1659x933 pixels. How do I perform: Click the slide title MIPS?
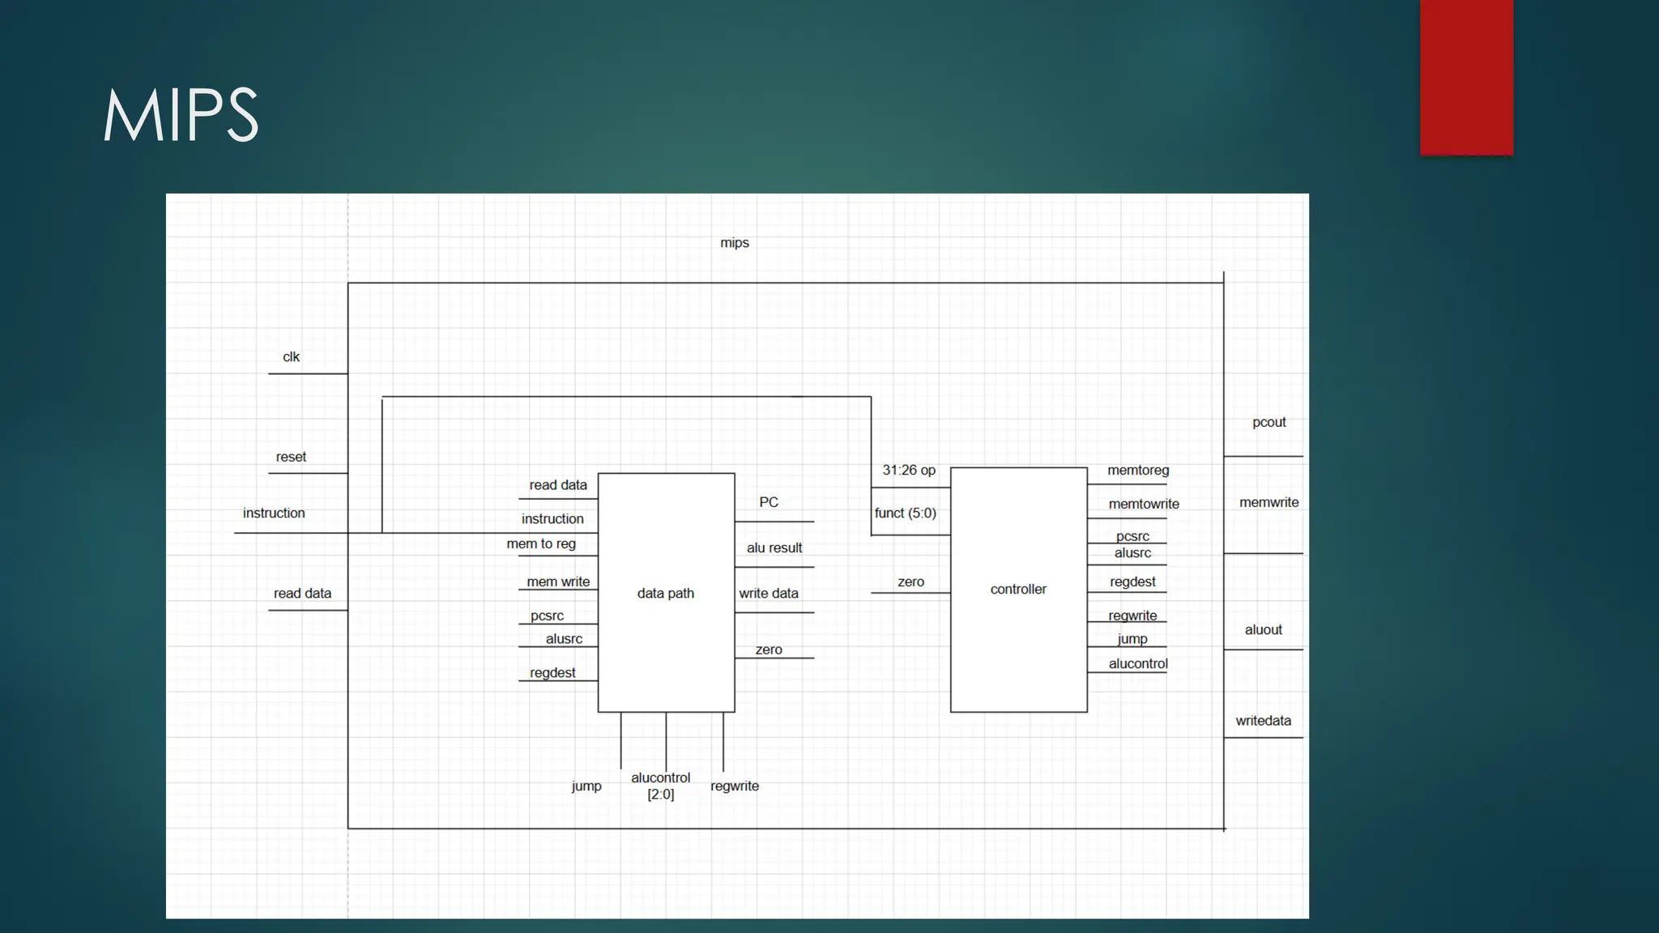coord(180,115)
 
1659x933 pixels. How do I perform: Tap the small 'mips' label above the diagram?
coord(734,243)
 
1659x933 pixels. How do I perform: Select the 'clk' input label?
coord(291,357)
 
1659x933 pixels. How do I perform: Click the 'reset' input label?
coord(291,457)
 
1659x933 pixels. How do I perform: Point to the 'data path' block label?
coord(665,593)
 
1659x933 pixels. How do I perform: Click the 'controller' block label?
coord(1017,589)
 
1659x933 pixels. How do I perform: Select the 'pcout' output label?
coord(1269,422)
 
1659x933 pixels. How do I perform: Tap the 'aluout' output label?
coord(1263,629)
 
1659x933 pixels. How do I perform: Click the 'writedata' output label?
coord(1263,721)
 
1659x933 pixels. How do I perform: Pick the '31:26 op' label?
coord(908,470)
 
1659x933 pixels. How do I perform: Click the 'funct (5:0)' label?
coord(905,513)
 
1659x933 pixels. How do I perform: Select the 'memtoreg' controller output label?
coord(1137,470)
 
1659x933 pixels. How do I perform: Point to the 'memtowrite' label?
coord(1143,504)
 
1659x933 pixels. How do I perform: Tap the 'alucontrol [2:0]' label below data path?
coord(660,786)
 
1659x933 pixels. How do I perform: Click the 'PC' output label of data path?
coord(768,502)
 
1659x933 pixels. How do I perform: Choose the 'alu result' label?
coord(774,547)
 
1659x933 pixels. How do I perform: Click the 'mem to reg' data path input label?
coord(540,543)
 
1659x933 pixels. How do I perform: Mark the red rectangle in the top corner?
coord(1466,77)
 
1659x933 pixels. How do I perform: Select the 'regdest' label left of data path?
coord(552,672)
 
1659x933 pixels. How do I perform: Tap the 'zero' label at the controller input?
coord(911,582)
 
